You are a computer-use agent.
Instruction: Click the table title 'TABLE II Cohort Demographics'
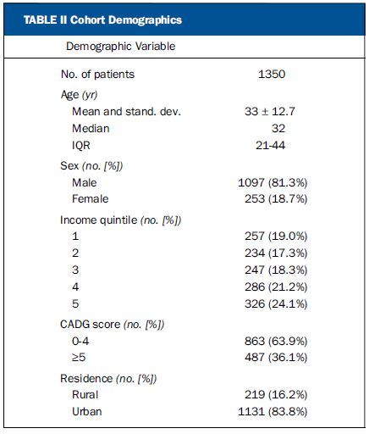102,20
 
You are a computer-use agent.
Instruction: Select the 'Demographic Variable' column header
121,47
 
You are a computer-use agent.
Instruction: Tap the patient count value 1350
272,74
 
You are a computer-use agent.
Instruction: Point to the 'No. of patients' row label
97,75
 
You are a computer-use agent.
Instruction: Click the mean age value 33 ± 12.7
270,111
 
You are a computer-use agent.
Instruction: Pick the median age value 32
278,128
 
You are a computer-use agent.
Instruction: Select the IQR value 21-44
270,145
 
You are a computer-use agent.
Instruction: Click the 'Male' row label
85,182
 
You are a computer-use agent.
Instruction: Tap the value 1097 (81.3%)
273,183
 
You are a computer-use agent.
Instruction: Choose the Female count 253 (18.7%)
276,199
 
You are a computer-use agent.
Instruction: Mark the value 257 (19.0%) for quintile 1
276,236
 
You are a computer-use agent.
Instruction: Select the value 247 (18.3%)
276,270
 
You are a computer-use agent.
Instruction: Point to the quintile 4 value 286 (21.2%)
276,287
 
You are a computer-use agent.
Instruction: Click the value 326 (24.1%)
276,303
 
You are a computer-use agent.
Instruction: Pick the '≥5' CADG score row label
79,357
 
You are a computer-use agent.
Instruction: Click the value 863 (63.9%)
276,341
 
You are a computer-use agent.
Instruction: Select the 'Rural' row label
85,394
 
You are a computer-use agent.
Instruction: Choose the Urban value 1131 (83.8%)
273,411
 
